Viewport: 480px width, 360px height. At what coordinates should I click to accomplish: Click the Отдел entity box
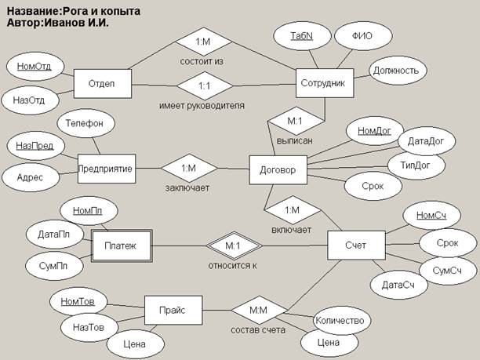tap(103, 84)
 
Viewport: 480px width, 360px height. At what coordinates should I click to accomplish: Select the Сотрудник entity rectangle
tap(325, 83)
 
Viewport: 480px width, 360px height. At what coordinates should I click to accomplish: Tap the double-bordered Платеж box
tap(122, 245)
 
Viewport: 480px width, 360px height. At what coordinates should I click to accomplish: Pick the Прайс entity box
tap(173, 310)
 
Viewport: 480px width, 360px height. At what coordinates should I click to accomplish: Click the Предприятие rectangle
tap(107, 169)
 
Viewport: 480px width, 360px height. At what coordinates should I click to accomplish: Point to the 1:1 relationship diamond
tap(205, 85)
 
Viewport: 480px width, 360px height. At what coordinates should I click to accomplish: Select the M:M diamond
tap(259, 310)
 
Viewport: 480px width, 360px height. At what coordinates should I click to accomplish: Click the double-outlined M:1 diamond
tap(234, 245)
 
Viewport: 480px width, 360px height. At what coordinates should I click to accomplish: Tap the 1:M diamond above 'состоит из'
tap(203, 42)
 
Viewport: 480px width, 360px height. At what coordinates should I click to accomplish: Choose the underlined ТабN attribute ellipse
tap(302, 36)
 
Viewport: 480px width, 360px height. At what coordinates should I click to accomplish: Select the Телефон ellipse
tap(85, 123)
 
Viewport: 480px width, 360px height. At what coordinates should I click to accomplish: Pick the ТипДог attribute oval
tap(416, 165)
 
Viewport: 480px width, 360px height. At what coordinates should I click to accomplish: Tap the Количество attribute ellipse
tap(341, 321)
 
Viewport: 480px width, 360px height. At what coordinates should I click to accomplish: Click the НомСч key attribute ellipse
tap(431, 215)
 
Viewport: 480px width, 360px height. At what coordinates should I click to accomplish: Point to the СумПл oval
tap(54, 266)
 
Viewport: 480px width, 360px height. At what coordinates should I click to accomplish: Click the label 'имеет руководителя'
tap(202, 106)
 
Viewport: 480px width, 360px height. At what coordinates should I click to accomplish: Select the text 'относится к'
tap(233, 265)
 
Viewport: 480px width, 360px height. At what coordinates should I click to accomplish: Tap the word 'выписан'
tap(294, 141)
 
